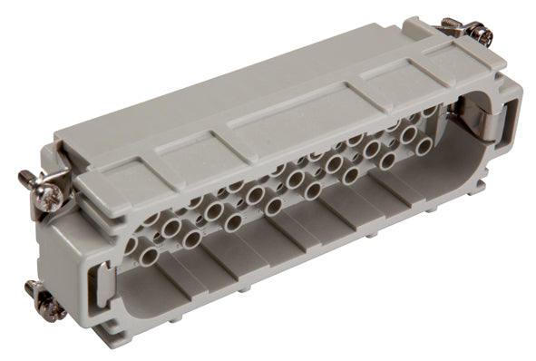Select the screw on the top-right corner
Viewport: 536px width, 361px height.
[x=475, y=34]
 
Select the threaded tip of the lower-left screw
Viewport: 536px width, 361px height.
[x=30, y=288]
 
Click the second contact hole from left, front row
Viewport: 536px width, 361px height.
[x=191, y=239]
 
